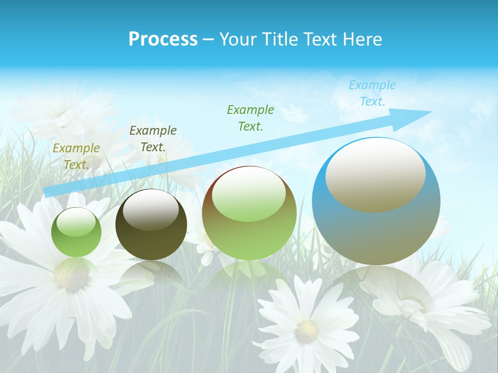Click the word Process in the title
(x=163, y=39)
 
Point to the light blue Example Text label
(x=372, y=93)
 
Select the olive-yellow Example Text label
(x=76, y=156)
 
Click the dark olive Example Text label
(x=153, y=139)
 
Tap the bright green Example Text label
(x=251, y=118)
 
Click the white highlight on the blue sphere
(x=375, y=175)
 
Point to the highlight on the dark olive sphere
(x=151, y=209)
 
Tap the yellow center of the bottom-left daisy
(x=71, y=275)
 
